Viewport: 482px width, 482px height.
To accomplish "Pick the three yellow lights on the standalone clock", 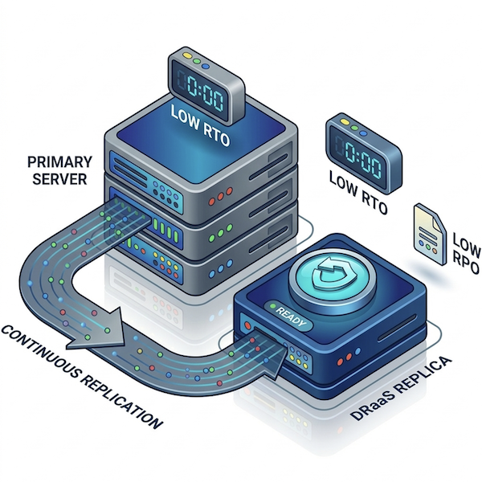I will (x=340, y=125).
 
